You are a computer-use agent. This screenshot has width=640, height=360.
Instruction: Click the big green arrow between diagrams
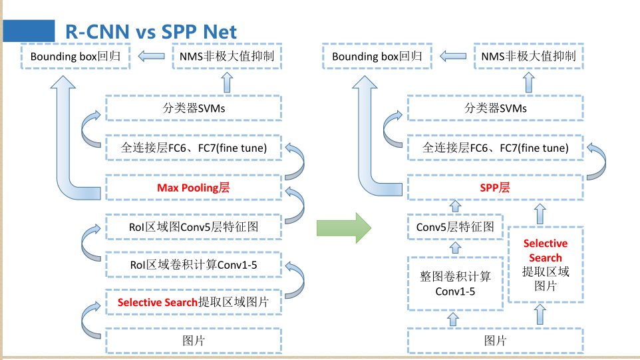(343, 228)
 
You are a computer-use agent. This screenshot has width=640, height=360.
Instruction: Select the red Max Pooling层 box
(194, 188)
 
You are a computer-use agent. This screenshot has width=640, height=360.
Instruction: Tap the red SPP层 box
(495, 188)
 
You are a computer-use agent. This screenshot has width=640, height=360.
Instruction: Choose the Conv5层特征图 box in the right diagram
(455, 228)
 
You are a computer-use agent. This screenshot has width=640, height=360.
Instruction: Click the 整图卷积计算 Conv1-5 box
(455, 283)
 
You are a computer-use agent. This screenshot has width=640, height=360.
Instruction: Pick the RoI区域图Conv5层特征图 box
(194, 228)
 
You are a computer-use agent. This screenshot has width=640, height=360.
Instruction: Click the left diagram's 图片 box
(194, 341)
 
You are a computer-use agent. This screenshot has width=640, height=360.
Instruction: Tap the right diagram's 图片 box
(495, 341)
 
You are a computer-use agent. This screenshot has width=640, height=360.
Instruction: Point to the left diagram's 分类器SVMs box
(194, 108)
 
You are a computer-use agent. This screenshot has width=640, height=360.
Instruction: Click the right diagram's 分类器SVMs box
(495, 108)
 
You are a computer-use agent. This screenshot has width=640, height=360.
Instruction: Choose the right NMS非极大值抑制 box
(528, 57)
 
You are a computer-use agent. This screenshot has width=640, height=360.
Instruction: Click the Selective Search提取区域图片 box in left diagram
(194, 302)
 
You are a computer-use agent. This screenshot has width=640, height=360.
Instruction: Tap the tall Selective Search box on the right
(546, 265)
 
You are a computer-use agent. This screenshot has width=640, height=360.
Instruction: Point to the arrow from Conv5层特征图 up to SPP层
(455, 208)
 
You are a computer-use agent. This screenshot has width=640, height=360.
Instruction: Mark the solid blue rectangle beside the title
(28, 31)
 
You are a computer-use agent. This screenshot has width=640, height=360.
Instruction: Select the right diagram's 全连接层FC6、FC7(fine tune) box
(495, 148)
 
